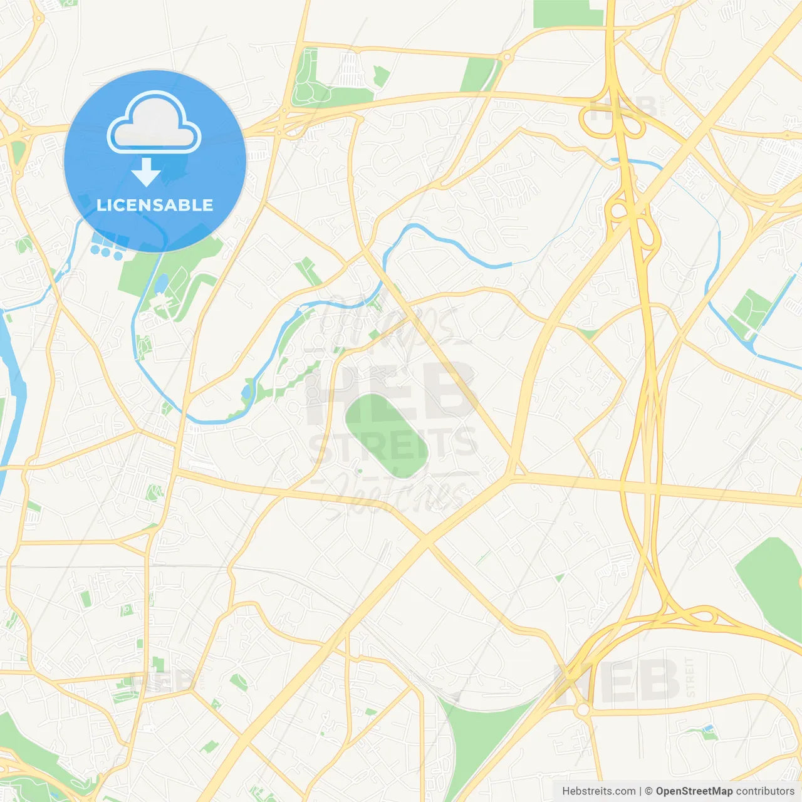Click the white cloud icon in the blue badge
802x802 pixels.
[154, 123]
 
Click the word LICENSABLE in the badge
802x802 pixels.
[155, 205]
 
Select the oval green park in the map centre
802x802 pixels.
[387, 435]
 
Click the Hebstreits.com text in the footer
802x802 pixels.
[598, 791]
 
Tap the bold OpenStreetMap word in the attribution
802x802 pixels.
[694, 791]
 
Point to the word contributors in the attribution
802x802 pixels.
[765, 791]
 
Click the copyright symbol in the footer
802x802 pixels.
[648, 791]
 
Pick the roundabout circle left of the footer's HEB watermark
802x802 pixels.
[583, 710]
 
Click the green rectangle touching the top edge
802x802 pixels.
[568, 13]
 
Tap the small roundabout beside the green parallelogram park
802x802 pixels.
[506, 57]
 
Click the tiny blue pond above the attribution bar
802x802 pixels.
[709, 728]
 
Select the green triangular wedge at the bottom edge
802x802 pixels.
[476, 733]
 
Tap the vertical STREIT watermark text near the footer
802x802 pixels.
[690, 677]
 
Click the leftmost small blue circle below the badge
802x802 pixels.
[95, 249]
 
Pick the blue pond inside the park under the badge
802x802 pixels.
[162, 284]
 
